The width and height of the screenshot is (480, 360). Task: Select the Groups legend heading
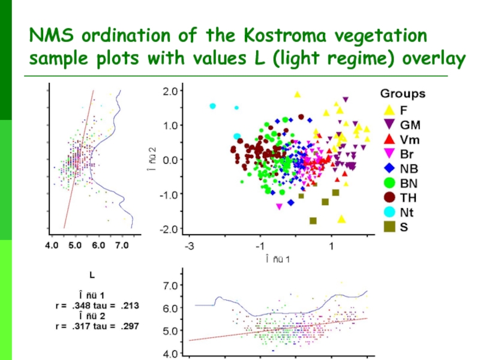pos(402,94)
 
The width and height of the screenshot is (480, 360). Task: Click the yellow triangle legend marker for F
pos(389,110)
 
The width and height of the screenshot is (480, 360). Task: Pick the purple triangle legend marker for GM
pos(389,125)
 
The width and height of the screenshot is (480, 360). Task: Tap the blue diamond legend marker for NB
pos(389,169)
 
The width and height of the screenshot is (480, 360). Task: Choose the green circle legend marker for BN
pos(389,183)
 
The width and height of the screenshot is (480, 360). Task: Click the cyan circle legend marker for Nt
pos(389,212)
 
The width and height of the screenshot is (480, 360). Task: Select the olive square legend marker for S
pos(389,227)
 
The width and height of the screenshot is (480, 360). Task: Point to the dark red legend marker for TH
pos(389,197)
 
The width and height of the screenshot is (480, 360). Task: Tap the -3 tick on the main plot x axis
pos(189,247)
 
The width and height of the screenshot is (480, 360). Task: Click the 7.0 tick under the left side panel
pos(122,245)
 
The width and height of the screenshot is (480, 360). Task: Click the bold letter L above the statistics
pos(91,275)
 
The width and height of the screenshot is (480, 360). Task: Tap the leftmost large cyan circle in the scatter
pos(212,106)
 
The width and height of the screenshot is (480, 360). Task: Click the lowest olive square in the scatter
pos(313,221)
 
